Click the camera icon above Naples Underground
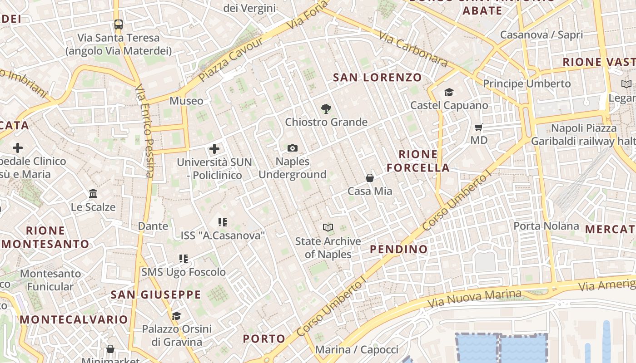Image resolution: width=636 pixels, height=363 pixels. tap(293, 148)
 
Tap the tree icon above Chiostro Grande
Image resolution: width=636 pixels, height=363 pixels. tap(326, 108)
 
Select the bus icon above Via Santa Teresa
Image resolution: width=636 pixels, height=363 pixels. tap(118, 24)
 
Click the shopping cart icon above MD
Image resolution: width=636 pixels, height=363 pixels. tap(478, 127)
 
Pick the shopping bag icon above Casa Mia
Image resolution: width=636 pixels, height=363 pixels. tap(370, 178)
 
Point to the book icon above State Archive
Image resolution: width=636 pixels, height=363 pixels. tap(328, 227)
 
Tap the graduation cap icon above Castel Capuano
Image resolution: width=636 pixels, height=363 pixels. tap(449, 92)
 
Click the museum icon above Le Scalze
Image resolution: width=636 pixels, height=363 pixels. tap(93, 194)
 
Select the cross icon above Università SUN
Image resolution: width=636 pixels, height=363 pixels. tap(214, 148)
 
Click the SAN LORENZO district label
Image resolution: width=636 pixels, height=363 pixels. tap(378, 78)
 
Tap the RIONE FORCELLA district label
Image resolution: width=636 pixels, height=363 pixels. tap(418, 161)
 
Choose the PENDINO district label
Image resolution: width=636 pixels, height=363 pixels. tap(398, 249)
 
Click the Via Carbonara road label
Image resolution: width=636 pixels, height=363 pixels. tap(413, 49)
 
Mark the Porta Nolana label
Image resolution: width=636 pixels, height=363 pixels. tap(546, 226)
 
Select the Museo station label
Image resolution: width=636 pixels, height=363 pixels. tap(186, 101)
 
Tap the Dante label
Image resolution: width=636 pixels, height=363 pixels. tap(153, 226)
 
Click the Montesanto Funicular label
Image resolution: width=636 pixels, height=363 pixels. tap(50, 280)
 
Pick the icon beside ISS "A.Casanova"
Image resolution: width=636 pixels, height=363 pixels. tap(222, 222)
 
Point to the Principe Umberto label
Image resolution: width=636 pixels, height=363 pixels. tap(527, 83)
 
